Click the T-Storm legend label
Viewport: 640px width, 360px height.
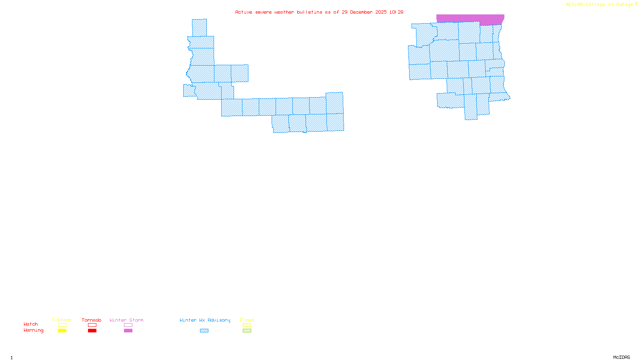point(62,320)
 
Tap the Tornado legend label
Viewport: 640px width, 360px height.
point(92,320)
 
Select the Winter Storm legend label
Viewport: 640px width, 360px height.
point(126,320)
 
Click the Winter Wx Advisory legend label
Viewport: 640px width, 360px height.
point(205,320)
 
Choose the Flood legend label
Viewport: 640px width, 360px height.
point(247,320)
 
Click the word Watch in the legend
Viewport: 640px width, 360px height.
point(31,324)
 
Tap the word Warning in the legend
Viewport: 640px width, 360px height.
point(34,330)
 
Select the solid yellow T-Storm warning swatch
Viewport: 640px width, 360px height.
point(62,331)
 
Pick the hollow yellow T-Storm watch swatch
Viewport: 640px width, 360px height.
point(62,325)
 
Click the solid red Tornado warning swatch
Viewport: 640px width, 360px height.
point(92,331)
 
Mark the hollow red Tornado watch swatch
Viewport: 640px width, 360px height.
point(92,325)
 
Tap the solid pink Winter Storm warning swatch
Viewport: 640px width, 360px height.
point(128,331)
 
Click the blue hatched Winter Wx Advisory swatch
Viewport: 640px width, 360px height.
point(204,331)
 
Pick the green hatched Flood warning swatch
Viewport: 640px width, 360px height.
point(247,331)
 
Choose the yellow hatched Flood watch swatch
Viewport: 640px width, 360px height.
point(247,325)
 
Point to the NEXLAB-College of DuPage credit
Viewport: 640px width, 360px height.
point(600,4)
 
